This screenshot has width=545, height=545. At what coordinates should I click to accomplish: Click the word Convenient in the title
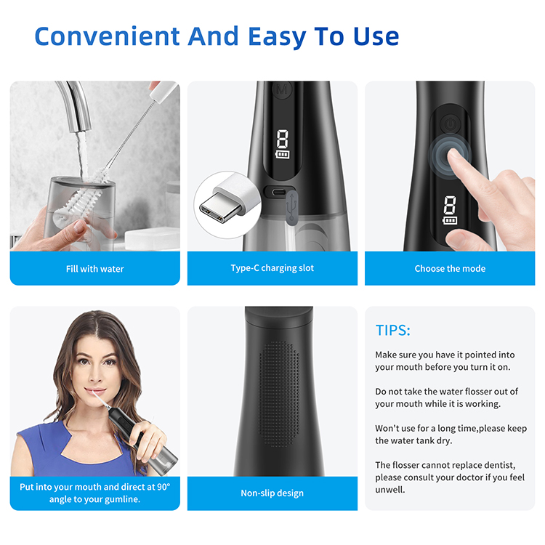[108, 36]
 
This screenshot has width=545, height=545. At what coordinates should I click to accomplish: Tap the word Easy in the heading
[277, 37]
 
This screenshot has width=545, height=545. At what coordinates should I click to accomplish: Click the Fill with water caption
[95, 269]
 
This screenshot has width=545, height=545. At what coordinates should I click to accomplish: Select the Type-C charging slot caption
[272, 268]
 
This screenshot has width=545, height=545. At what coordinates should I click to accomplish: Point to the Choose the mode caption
[450, 268]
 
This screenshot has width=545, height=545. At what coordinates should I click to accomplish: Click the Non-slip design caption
[272, 493]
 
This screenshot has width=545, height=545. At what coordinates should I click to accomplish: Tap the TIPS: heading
[392, 330]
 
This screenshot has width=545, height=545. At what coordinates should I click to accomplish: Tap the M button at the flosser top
[282, 89]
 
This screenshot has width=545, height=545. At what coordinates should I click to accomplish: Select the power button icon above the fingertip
[450, 124]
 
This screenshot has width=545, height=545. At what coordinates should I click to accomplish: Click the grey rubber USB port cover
[292, 206]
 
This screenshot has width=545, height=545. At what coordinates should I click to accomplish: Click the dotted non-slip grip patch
[279, 394]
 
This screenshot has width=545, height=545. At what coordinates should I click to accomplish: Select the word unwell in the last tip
[390, 490]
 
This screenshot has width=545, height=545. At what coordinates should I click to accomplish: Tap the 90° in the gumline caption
[163, 487]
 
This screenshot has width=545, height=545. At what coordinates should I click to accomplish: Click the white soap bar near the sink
[152, 238]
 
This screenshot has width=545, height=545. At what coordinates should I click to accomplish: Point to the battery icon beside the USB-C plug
[283, 154]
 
